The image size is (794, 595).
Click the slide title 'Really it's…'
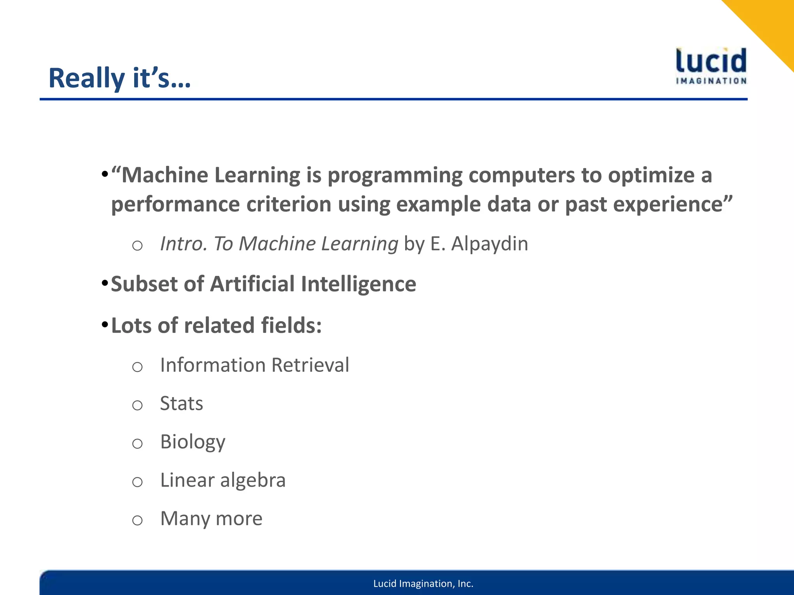click(119, 78)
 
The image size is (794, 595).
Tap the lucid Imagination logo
click(711, 66)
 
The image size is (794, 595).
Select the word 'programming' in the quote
click(395, 176)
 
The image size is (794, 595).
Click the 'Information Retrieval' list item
click(254, 365)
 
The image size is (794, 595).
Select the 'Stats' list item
click(181, 404)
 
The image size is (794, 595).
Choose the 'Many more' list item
click(211, 519)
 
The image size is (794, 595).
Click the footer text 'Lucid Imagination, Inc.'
click(423, 584)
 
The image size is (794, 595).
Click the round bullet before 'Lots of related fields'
click(104, 325)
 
